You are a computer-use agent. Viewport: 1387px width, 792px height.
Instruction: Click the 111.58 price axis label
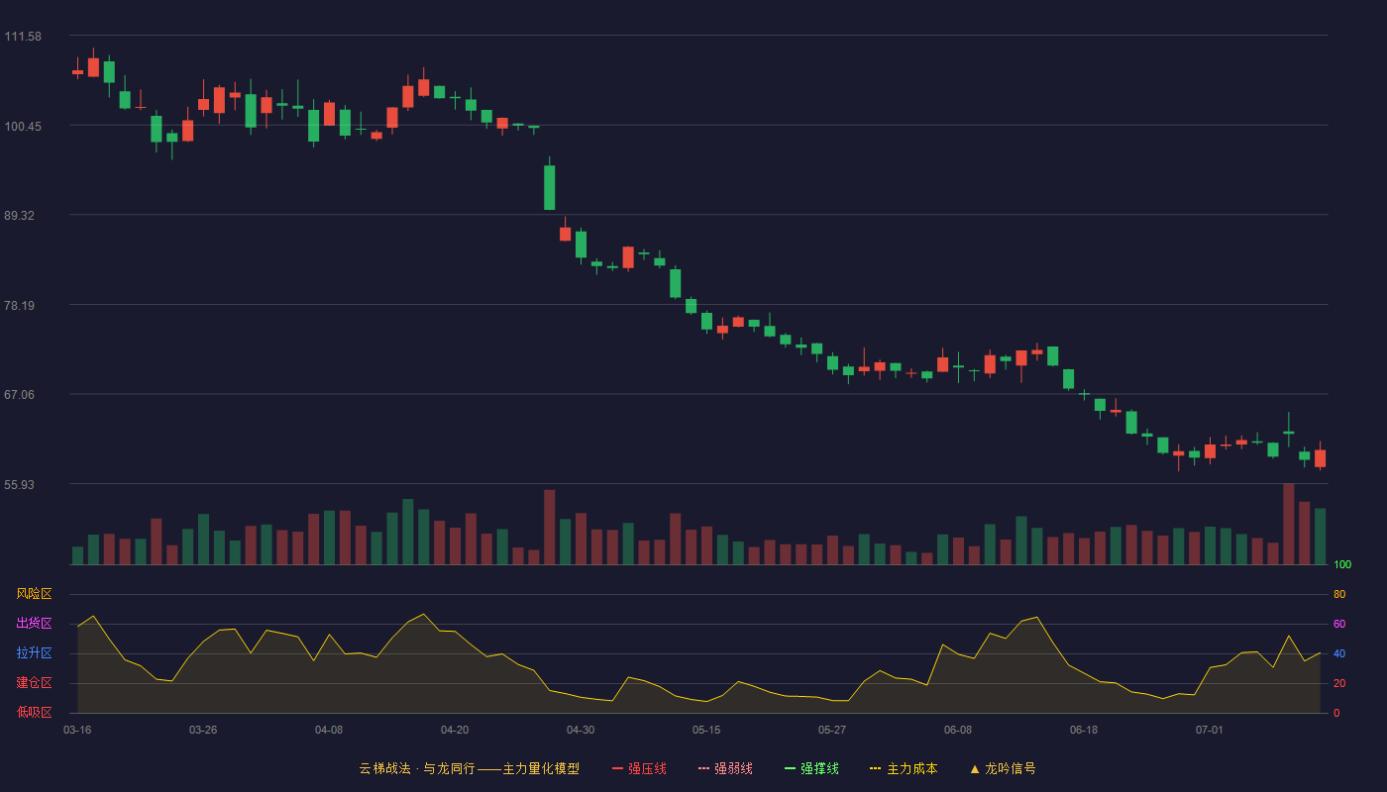click(x=23, y=37)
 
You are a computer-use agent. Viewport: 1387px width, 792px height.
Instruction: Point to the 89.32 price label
click(x=19, y=216)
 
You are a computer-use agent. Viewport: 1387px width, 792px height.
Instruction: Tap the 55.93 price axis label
click(x=19, y=484)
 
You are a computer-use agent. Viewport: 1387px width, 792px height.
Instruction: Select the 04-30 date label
click(x=581, y=731)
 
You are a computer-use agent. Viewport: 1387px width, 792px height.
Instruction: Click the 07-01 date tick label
click(x=1210, y=731)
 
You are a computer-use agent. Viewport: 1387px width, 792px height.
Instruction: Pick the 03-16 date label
click(x=77, y=731)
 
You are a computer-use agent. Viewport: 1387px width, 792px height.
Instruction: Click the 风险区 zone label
click(x=34, y=594)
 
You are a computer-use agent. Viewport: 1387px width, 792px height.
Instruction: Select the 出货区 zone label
click(x=34, y=623)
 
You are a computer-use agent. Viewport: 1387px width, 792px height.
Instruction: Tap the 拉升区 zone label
click(x=34, y=652)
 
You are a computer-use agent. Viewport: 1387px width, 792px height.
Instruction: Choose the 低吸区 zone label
click(x=34, y=712)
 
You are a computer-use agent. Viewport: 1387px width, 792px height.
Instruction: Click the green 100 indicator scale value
click(x=1342, y=564)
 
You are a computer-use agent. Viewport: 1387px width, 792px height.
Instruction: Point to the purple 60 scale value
click(x=1339, y=624)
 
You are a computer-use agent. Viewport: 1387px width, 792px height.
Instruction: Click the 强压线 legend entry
click(x=639, y=768)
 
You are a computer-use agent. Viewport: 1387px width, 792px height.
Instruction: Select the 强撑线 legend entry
click(x=811, y=768)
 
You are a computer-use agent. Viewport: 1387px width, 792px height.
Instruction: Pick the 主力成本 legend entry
click(x=904, y=768)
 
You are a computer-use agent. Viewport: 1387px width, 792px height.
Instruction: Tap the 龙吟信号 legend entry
click(x=1003, y=768)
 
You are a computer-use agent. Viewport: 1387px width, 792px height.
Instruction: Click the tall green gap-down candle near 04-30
click(x=549, y=187)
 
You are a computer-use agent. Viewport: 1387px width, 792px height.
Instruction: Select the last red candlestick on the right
click(x=1320, y=457)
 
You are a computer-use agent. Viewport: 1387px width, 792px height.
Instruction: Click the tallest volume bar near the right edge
click(x=1289, y=524)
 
